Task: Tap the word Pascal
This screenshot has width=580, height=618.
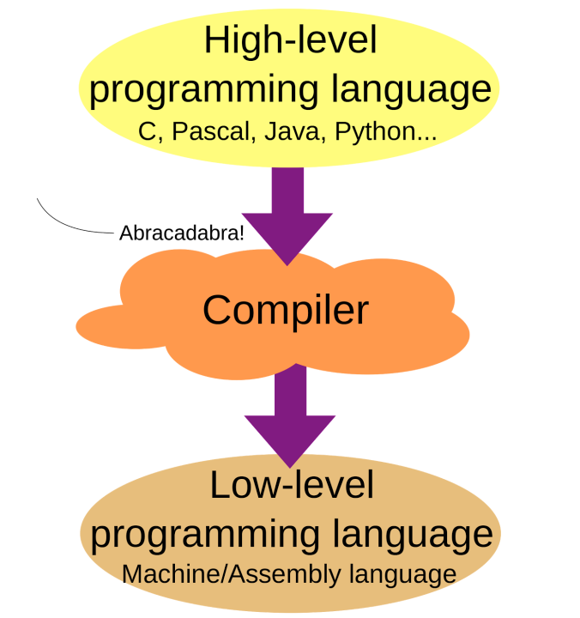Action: tap(211, 130)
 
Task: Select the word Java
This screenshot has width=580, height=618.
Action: tap(292, 130)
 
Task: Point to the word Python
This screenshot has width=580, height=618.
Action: tap(375, 132)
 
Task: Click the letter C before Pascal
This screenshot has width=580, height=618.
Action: tap(148, 131)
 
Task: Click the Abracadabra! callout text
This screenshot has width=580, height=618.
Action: tap(182, 233)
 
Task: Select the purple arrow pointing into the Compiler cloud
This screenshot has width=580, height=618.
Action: tap(287, 216)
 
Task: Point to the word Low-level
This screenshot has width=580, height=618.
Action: tap(292, 485)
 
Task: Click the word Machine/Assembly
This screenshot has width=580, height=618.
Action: tap(232, 574)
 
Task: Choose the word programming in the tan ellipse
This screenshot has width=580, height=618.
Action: tap(205, 536)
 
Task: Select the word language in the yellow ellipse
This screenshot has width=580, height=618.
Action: tap(411, 90)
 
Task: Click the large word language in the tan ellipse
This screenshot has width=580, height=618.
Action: tap(413, 536)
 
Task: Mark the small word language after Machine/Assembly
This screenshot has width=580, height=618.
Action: tap(402, 575)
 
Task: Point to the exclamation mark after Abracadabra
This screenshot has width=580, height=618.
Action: tap(242, 233)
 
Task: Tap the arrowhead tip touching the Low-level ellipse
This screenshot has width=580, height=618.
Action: tap(290, 469)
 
